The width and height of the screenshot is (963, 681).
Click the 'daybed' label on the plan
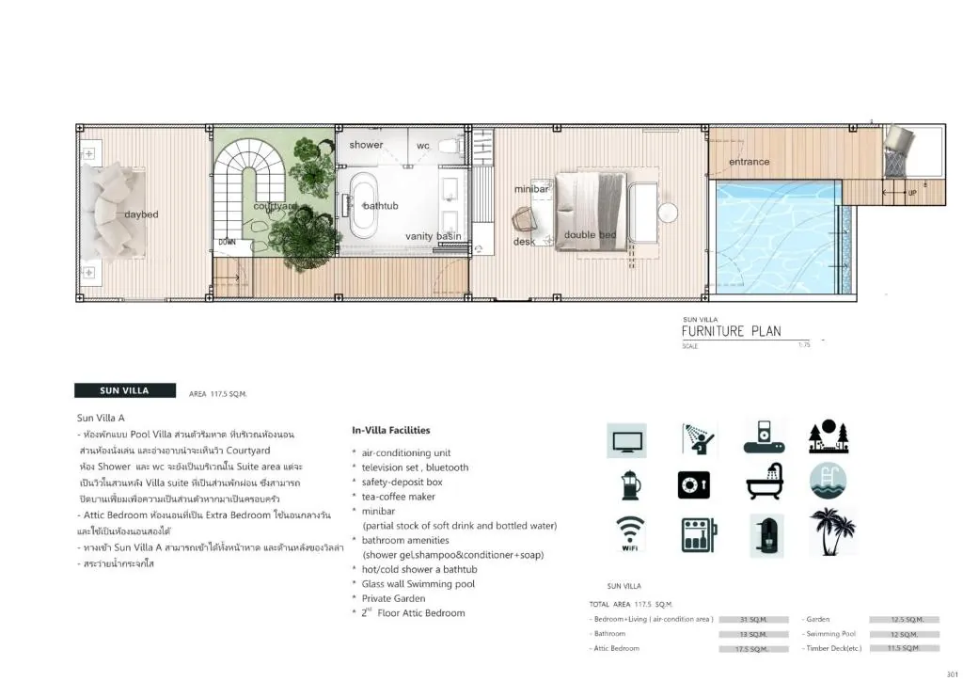(x=141, y=214)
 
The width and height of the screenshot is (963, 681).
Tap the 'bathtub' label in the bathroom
(x=381, y=205)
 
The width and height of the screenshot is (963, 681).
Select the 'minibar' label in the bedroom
(x=531, y=189)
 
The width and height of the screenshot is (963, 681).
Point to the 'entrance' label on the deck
(x=749, y=162)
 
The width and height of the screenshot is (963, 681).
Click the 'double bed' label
(x=590, y=235)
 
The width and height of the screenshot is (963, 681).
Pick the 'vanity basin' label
(x=434, y=236)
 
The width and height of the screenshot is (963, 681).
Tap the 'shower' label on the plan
(x=366, y=145)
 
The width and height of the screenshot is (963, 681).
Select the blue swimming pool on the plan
(x=772, y=236)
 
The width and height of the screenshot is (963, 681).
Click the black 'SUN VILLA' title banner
(x=124, y=390)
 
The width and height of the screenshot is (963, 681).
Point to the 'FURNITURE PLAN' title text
(x=731, y=331)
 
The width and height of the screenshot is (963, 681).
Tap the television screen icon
(x=626, y=440)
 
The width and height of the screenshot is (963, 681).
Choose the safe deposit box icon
(x=693, y=485)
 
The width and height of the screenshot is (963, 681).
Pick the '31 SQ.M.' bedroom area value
(x=753, y=620)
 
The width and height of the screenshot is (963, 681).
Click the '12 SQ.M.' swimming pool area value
(x=904, y=634)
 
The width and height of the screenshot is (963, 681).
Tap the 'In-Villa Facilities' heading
(x=391, y=430)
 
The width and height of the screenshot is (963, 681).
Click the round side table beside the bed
(x=668, y=213)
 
